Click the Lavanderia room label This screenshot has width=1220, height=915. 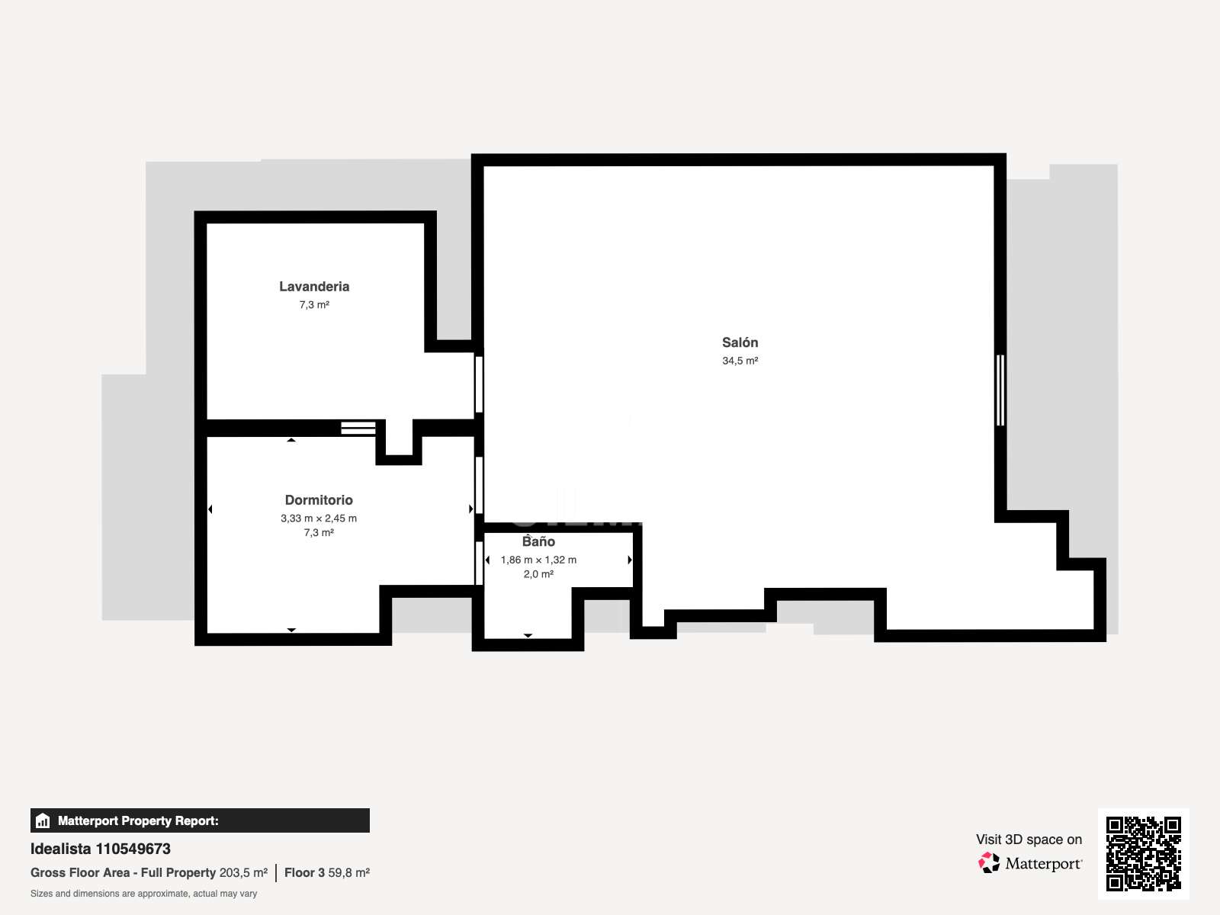pyautogui.click(x=314, y=287)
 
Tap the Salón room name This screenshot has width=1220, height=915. pyautogui.click(x=740, y=342)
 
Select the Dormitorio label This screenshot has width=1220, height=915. pyautogui.click(x=319, y=500)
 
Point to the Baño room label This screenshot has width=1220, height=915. pyautogui.click(x=538, y=541)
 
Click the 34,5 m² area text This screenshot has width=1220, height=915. pyautogui.click(x=740, y=361)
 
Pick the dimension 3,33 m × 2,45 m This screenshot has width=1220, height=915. pyautogui.click(x=319, y=518)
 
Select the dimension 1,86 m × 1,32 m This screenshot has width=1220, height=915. pyautogui.click(x=538, y=560)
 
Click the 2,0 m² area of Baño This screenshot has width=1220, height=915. pyautogui.click(x=538, y=574)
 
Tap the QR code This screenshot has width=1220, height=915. pyautogui.click(x=1143, y=853)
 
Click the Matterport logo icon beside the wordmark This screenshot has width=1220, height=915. pyautogui.click(x=988, y=863)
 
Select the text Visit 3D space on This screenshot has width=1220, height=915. pyautogui.click(x=1029, y=840)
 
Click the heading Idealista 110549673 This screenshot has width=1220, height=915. pyautogui.click(x=100, y=849)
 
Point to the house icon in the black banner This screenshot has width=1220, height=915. pyautogui.click(x=43, y=820)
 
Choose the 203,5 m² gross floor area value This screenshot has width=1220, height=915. pyautogui.click(x=243, y=872)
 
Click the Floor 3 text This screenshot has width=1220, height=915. pyautogui.click(x=304, y=872)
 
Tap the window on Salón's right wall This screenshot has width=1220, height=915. pyautogui.click(x=1000, y=390)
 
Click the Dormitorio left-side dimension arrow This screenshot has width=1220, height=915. pyautogui.click(x=210, y=509)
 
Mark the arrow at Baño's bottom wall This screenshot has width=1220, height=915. pyautogui.click(x=528, y=636)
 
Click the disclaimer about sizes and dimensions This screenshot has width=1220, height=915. pyautogui.click(x=143, y=894)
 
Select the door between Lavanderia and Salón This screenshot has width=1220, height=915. pyautogui.click(x=479, y=384)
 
